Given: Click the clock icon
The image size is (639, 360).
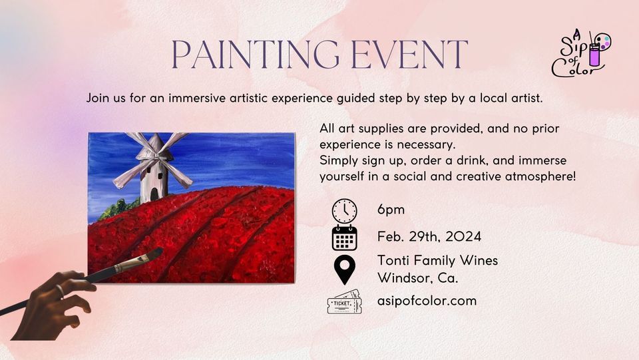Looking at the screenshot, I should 344,210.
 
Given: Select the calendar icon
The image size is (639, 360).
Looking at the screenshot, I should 344,238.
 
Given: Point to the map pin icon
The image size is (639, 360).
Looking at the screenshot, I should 344,269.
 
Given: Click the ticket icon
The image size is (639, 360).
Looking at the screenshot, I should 344,302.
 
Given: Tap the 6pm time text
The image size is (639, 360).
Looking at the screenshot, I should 391,210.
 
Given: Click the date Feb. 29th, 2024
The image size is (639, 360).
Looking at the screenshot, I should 429,236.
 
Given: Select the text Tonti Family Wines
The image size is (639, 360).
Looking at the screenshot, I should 437,260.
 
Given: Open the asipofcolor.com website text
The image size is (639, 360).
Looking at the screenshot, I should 427,301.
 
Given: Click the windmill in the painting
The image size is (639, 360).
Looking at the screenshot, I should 151,166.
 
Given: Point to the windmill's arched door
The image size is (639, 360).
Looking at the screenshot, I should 154,193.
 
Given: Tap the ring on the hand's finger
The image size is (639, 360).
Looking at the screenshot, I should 60,291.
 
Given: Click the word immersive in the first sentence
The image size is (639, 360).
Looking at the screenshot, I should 202,98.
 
